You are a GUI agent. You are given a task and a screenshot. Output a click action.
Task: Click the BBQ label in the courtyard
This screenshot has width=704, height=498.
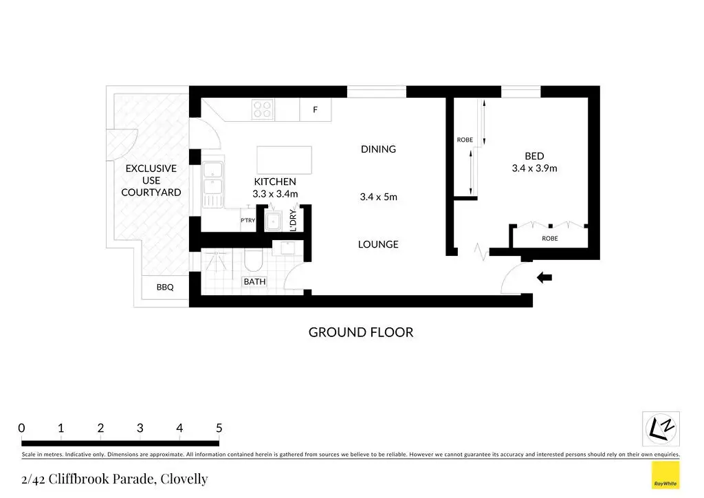click(165, 288)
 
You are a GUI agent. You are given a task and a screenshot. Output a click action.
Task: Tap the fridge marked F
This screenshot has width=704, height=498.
click(315, 109)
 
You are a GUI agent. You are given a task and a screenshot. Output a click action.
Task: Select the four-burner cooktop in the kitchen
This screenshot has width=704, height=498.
click(263, 109)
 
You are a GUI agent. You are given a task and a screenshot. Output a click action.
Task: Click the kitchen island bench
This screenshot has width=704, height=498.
click(284, 160)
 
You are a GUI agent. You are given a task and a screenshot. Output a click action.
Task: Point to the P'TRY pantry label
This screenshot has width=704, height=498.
click(247, 220)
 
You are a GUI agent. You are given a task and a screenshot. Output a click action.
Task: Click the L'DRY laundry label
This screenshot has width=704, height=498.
click(293, 220)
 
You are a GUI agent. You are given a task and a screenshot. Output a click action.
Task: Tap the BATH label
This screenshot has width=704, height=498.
click(254, 281)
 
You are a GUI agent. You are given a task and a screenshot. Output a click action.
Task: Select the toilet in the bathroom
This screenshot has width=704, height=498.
click(253, 260)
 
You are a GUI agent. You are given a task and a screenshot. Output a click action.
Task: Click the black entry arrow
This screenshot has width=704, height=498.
click(544, 277)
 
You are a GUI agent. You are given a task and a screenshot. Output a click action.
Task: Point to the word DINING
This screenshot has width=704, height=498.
click(379, 149)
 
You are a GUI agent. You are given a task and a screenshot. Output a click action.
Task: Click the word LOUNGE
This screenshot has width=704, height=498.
click(378, 244)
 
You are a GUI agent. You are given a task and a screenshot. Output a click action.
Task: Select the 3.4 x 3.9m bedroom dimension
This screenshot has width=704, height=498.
click(534, 169)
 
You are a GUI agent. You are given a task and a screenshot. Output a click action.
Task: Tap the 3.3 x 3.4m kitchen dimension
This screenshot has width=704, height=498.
click(275, 194)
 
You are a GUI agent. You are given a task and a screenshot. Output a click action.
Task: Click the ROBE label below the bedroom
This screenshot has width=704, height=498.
click(549, 239)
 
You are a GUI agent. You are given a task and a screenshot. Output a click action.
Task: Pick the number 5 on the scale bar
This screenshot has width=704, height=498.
click(219, 428)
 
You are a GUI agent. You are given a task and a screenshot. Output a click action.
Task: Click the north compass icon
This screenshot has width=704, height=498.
click(661, 429)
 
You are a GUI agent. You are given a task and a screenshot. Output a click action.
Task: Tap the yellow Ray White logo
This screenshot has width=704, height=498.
click(665, 475)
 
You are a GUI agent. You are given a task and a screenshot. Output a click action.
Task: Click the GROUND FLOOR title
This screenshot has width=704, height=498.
click(361, 332)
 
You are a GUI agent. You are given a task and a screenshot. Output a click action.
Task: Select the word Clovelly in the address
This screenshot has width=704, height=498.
click(184, 479)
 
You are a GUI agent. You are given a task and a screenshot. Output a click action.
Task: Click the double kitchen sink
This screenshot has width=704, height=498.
click(212, 179)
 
